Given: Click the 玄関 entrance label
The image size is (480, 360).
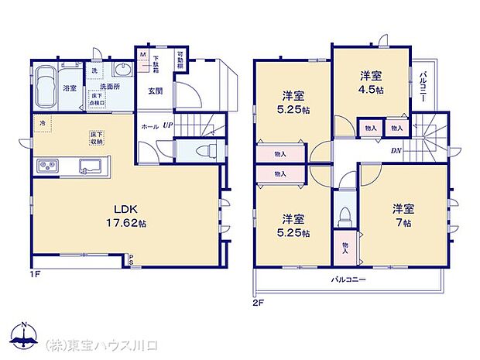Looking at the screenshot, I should (x=156, y=91).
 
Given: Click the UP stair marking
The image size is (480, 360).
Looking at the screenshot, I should (x=167, y=125).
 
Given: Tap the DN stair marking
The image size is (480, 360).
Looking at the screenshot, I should (x=396, y=151).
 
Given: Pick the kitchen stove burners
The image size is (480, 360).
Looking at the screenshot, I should (x=47, y=165).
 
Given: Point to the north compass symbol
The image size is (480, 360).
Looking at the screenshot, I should (x=24, y=335).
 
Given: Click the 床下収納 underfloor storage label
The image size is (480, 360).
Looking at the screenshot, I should (x=96, y=138).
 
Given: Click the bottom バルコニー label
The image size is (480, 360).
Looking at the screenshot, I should (x=349, y=279).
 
